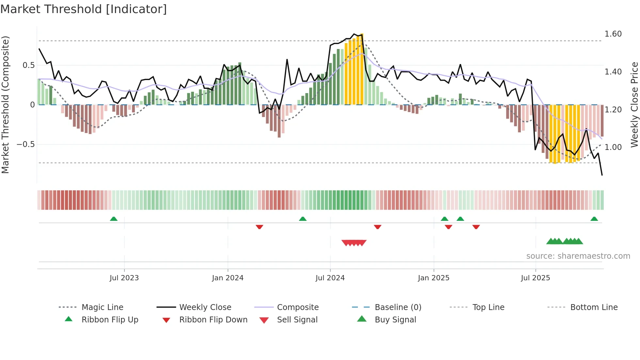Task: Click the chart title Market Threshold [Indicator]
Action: tap(84, 9)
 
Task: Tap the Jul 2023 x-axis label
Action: tap(124, 278)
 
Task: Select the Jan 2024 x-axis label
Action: tap(228, 278)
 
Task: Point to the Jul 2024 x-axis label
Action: tap(330, 278)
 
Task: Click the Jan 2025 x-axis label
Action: tap(434, 278)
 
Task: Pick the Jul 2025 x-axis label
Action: tap(536, 278)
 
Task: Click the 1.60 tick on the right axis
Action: tap(613, 34)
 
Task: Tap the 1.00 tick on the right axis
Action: tap(613, 147)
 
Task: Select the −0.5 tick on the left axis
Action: tap(26, 144)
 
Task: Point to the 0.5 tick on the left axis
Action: tap(28, 65)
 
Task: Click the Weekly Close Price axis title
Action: tap(634, 105)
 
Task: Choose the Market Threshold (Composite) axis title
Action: tap(6, 105)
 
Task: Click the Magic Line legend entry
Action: tap(102, 307)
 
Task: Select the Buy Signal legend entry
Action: tap(395, 320)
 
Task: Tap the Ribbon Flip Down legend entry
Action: tap(213, 320)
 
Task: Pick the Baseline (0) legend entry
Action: tap(398, 307)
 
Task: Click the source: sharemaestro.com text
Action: tap(578, 256)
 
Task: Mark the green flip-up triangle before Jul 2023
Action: tap(114, 219)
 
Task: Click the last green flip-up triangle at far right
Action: tap(594, 219)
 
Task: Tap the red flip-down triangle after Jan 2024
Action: tap(260, 227)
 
